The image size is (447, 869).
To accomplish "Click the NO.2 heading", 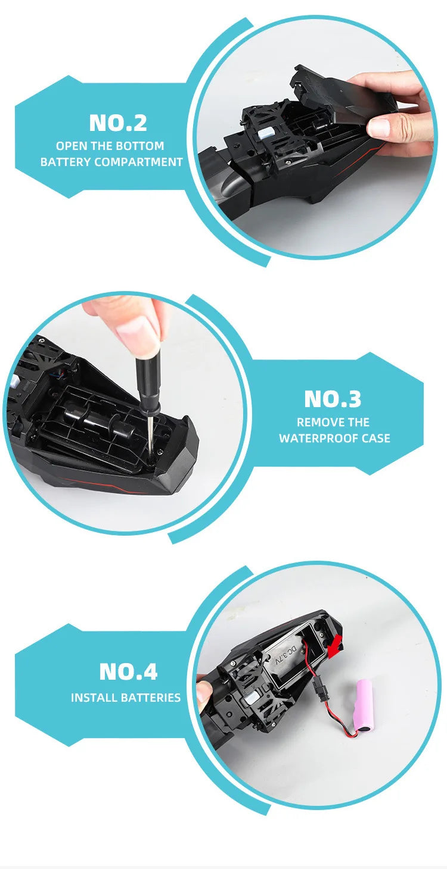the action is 118,123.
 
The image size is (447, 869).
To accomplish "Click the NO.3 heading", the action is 333,399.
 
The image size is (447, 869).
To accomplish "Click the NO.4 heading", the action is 129,671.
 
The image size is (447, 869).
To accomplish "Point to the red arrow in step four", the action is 335,647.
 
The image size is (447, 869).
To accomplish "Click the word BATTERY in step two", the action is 66,162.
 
